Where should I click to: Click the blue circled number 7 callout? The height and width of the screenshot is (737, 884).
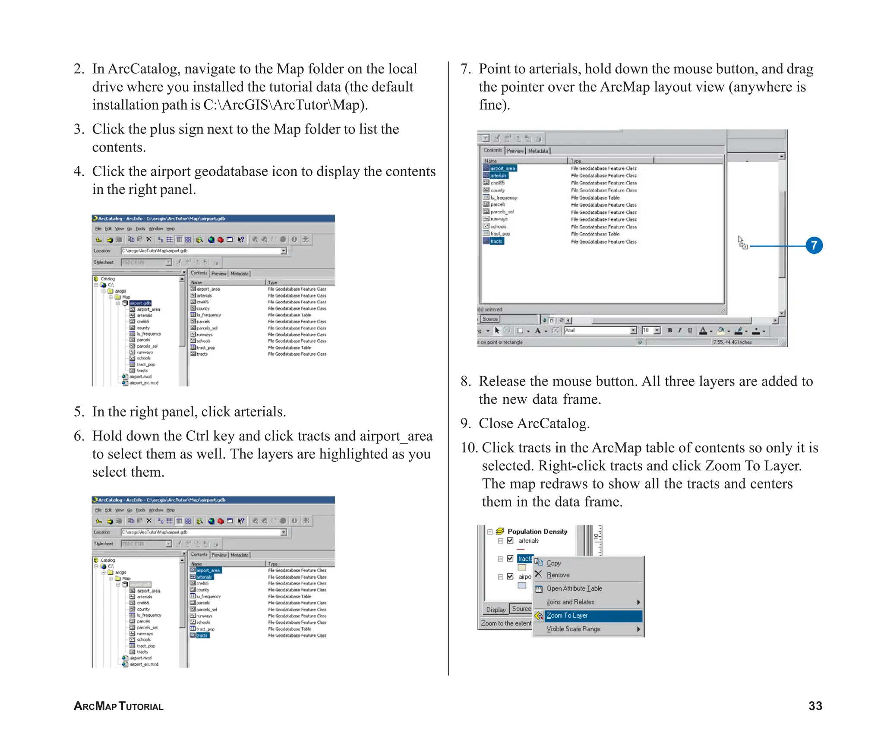[x=814, y=246]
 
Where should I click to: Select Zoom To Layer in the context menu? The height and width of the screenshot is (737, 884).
[x=567, y=615]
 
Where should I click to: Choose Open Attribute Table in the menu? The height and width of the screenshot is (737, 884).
[x=574, y=588]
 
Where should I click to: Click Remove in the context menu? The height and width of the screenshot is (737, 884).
[x=558, y=575]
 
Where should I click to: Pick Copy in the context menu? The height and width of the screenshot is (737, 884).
[x=553, y=563]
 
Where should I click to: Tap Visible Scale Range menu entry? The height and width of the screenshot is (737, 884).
[x=573, y=629]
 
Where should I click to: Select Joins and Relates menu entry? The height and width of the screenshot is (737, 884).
[x=570, y=602]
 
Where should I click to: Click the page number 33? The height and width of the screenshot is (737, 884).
[x=815, y=706]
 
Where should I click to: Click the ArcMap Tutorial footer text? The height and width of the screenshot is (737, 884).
[x=119, y=706]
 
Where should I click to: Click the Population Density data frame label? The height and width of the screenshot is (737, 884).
[x=537, y=531]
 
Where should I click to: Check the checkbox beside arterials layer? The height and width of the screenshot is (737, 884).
[x=510, y=541]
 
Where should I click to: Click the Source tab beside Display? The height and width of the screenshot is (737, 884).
[x=521, y=609]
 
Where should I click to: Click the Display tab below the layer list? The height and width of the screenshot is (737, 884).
[x=496, y=610]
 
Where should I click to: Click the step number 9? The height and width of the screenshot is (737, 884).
[x=465, y=424]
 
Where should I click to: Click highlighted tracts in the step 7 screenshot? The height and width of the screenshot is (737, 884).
[x=496, y=241]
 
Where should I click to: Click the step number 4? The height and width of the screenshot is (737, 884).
[x=79, y=171]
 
